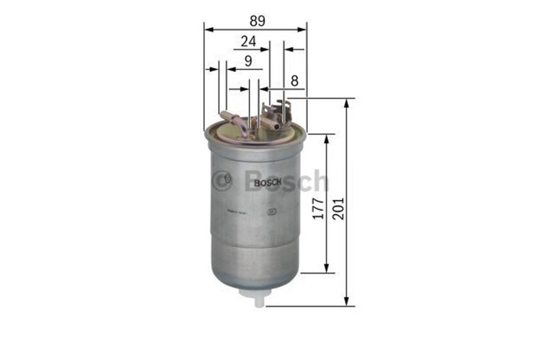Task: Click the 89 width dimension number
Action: (x=257, y=20)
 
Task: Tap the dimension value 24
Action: (x=248, y=41)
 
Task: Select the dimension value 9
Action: (x=247, y=61)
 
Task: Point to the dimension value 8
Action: (x=294, y=80)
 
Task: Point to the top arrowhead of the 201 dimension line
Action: (x=346, y=103)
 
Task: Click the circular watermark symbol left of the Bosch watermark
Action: (x=222, y=180)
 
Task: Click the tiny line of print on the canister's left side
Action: (x=236, y=211)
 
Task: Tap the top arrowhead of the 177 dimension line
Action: (x=326, y=139)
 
